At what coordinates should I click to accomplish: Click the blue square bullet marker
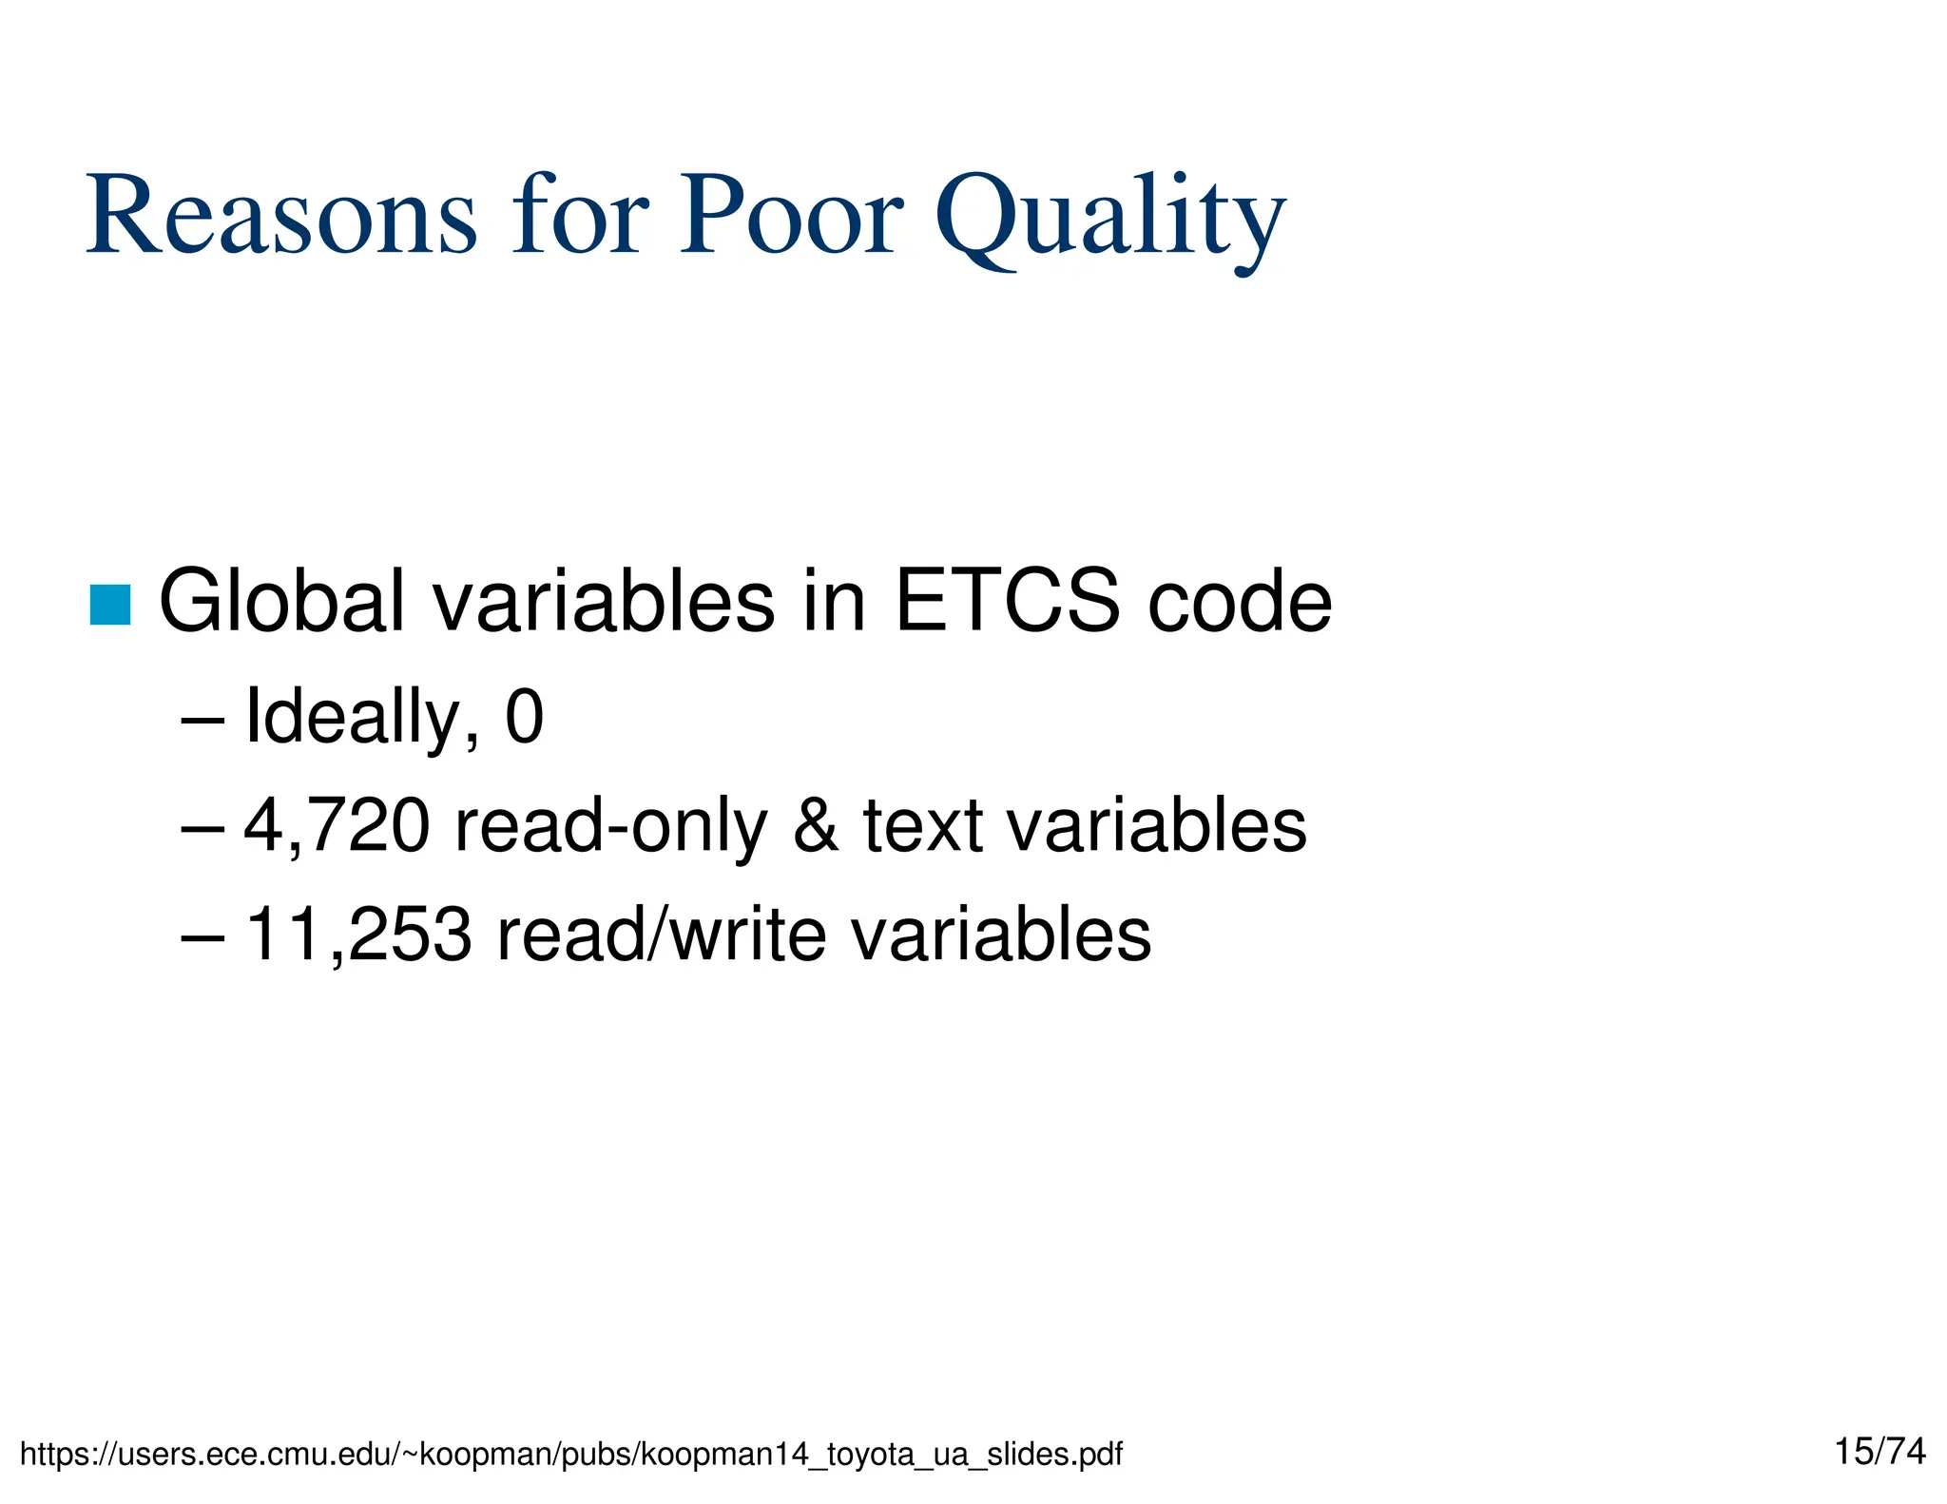coord(110,605)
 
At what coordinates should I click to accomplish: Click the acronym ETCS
coord(1007,601)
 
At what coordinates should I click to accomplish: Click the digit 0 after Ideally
coord(524,717)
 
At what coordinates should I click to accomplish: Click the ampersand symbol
coord(815,826)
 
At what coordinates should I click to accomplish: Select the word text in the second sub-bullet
coord(922,826)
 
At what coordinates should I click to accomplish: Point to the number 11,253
coord(358,935)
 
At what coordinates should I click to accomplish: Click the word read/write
coord(661,935)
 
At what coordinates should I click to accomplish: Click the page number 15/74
coord(1880,1452)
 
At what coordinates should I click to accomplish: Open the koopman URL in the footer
coord(570,1455)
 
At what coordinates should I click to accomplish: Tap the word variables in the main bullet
coord(604,601)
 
